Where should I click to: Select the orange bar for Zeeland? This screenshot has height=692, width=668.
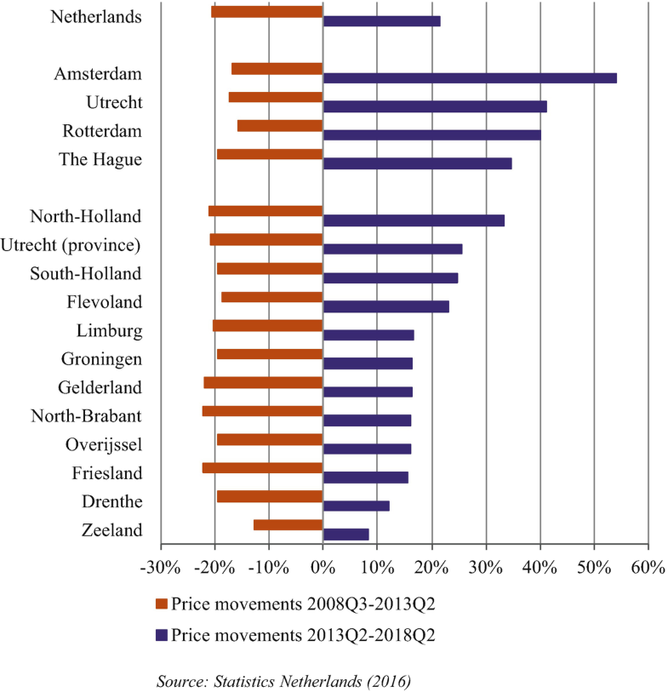click(x=288, y=524)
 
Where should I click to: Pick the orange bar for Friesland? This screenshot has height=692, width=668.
click(x=263, y=467)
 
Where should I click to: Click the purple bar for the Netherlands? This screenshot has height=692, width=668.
click(x=382, y=21)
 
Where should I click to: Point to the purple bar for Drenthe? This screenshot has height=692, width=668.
click(x=357, y=506)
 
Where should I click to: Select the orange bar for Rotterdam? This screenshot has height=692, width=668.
click(x=280, y=126)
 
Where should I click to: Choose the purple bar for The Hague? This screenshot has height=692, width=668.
click(x=417, y=163)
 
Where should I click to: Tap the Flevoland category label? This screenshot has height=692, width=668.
click(x=105, y=302)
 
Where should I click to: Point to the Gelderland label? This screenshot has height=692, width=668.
click(x=100, y=387)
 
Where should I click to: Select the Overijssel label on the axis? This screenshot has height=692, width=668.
click(x=104, y=444)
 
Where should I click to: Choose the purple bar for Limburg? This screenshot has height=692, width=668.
click(x=368, y=335)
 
